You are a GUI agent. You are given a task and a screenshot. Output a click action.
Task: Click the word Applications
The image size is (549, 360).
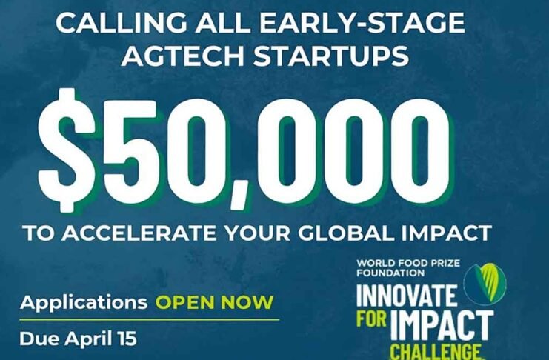click(84, 303)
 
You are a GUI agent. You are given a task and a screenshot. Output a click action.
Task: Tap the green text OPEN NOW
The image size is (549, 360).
click(214, 303)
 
